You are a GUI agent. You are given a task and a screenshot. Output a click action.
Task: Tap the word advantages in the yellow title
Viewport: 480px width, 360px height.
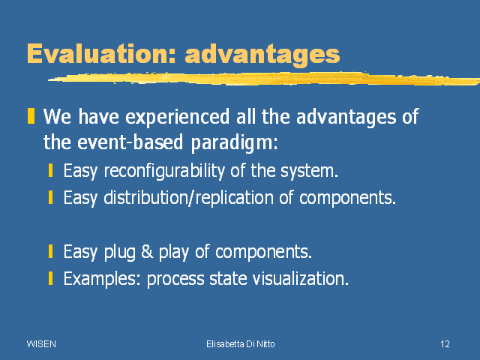262,55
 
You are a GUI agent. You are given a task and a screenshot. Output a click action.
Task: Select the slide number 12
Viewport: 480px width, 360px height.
445,344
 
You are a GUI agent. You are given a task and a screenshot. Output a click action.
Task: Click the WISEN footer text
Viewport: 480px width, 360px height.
41,344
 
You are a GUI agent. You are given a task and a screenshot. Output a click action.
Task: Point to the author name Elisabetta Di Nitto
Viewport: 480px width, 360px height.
241,344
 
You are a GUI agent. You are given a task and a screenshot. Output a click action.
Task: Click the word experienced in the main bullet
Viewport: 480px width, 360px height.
178,118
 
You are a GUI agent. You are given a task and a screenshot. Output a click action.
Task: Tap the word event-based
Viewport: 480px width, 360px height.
130,142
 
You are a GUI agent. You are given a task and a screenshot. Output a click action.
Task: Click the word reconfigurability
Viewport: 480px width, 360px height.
164,171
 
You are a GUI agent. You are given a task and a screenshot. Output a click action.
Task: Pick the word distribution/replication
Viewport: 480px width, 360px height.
188,198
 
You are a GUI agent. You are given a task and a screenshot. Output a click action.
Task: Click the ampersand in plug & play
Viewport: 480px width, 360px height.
147,252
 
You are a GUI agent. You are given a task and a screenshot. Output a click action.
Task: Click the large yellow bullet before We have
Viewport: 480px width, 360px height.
31,116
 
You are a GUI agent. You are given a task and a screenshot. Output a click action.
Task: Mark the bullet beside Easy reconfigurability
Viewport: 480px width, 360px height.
50,170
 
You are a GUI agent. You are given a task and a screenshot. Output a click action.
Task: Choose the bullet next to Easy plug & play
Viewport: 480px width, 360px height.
50,251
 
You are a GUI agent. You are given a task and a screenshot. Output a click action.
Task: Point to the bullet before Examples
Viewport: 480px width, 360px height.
50,278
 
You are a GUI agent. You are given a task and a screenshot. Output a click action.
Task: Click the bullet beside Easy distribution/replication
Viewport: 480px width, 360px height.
50,197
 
